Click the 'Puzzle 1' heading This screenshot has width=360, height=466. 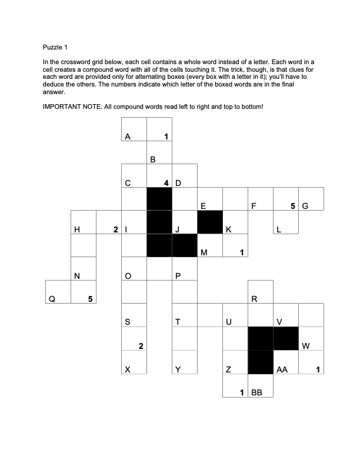pyautogui.click(x=56, y=47)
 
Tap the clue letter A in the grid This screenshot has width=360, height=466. pyautogui.click(x=127, y=137)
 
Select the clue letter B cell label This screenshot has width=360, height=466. pyautogui.click(x=152, y=159)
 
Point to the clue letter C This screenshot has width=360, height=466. pyautogui.click(x=127, y=183)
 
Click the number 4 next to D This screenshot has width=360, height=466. pyautogui.click(x=167, y=183)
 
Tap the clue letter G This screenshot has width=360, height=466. pyautogui.click(x=305, y=207)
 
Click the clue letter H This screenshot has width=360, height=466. pyautogui.click(x=76, y=229)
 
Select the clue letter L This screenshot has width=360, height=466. pyautogui.click(x=279, y=229)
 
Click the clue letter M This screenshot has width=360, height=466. pyautogui.click(x=204, y=253)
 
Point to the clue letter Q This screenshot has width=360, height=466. pyautogui.click(x=52, y=299)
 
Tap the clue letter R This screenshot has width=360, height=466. pyautogui.click(x=254, y=299)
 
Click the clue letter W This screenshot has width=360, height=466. pyautogui.click(x=305, y=346)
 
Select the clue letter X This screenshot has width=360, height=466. pyautogui.click(x=127, y=370)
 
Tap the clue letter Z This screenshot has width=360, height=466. pyautogui.click(x=228, y=370)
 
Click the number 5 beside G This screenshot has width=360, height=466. pyautogui.click(x=292, y=207)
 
